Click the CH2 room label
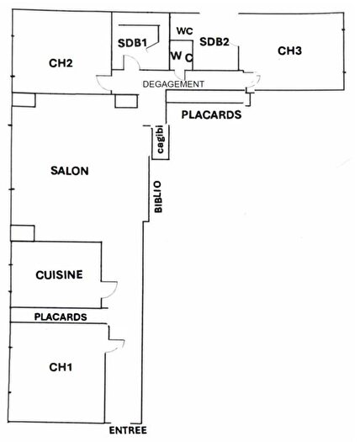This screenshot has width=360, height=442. (x=60, y=61)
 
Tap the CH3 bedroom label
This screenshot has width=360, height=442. (x=289, y=51)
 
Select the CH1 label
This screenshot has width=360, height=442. (x=60, y=366)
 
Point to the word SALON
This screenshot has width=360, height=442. (x=70, y=170)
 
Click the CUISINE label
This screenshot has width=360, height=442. (x=58, y=274)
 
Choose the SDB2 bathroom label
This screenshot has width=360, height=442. (x=214, y=41)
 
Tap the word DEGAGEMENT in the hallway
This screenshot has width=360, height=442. (x=172, y=83)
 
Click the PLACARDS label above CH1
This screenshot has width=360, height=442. (x=60, y=317)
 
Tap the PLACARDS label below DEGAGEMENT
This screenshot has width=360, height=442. (x=211, y=114)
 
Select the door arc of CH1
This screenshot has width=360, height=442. (x=115, y=342)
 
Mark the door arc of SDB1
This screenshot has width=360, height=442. (x=130, y=65)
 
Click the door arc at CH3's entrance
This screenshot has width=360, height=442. (x=253, y=83)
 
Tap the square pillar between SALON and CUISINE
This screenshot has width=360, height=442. (x=22, y=233)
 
